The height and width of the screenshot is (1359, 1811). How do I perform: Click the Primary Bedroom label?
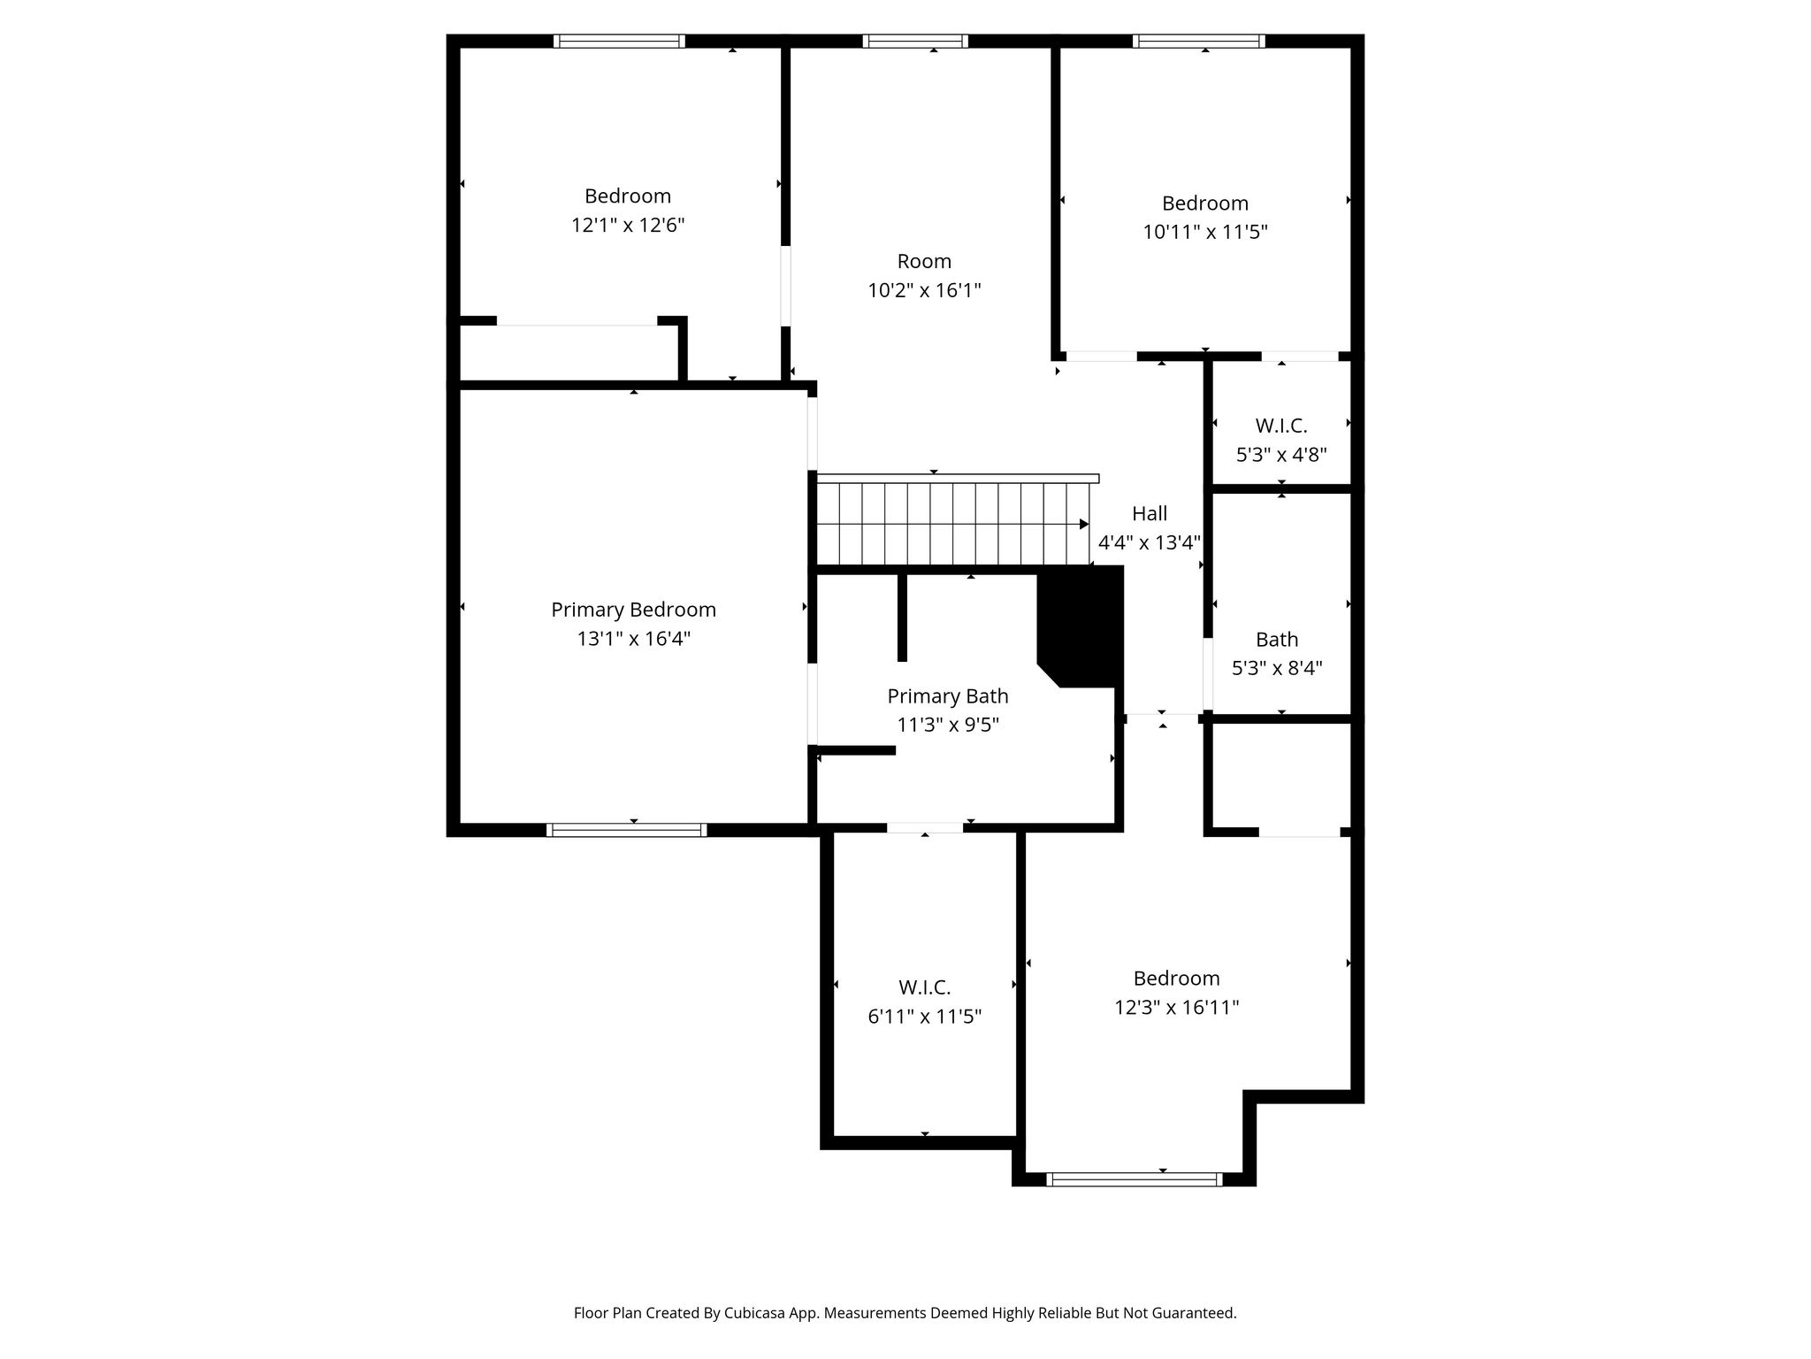[633, 610]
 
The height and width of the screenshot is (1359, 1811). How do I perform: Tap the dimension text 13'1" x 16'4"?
[633, 638]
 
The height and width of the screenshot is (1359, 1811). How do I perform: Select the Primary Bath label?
[948, 696]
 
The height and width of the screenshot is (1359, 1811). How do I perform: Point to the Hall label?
[1150, 513]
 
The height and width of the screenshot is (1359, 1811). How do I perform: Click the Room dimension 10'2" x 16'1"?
[924, 290]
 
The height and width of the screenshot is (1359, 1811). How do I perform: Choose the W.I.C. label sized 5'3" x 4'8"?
[1281, 426]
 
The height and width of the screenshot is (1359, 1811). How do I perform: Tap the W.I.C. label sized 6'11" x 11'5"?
[925, 987]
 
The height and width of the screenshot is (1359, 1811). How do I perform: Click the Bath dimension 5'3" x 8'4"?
[1277, 668]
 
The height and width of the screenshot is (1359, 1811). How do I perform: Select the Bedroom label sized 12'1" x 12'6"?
[628, 196]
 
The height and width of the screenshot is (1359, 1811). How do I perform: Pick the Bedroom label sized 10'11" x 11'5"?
[1205, 203]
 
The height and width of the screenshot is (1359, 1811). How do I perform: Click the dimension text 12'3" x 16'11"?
[1176, 1007]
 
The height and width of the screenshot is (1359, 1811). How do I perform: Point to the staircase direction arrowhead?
[1084, 525]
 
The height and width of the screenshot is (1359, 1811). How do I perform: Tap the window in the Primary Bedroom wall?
[627, 830]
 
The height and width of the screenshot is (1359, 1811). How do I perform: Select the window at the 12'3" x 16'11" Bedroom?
[1135, 1179]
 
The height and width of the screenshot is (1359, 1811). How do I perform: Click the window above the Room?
[915, 41]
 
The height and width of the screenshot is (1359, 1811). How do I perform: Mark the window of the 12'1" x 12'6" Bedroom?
[619, 41]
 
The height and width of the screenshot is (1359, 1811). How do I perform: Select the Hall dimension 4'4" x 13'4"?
[1150, 542]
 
